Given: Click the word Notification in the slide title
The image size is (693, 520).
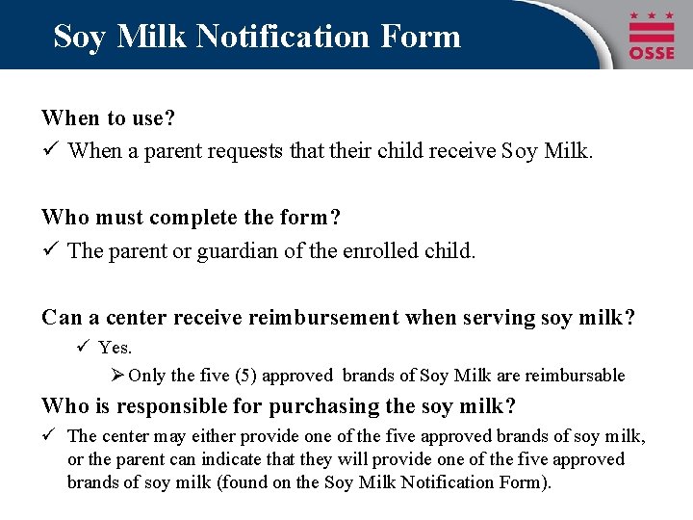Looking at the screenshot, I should tap(278, 36).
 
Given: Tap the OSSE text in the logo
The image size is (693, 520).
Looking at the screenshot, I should tap(652, 52).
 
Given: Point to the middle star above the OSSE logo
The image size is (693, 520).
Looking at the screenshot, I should tap(652, 16).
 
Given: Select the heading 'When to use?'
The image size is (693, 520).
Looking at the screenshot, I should tap(107, 118).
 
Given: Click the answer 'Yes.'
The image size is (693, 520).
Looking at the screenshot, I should tap(115, 347).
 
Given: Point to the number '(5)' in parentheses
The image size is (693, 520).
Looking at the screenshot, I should tap(244, 376).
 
